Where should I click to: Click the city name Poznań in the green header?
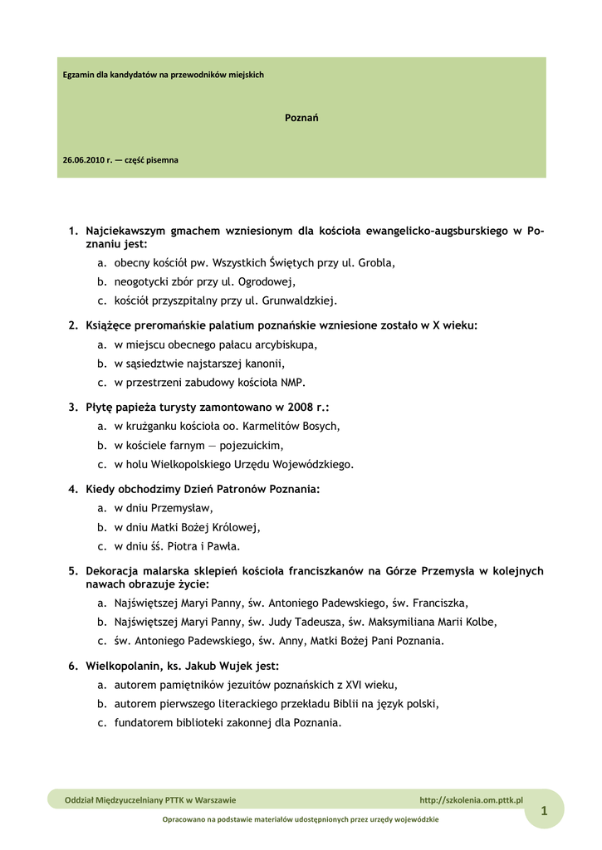(x=301, y=118)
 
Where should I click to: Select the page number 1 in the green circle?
(x=544, y=811)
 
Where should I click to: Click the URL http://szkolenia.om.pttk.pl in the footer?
(x=471, y=800)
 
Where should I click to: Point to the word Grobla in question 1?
(x=374, y=263)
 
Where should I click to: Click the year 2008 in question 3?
(x=301, y=408)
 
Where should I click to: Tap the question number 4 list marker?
(x=73, y=490)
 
